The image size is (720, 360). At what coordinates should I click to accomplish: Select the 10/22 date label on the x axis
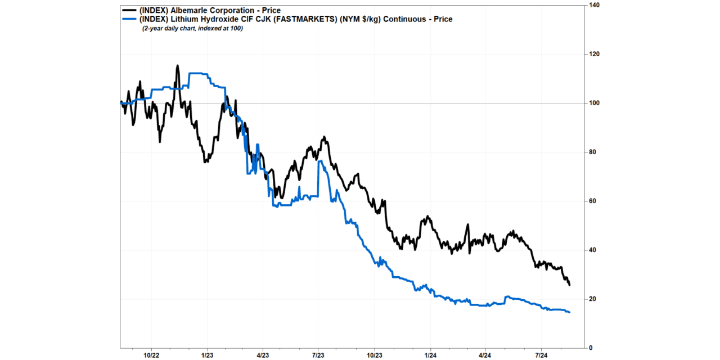click(x=152, y=355)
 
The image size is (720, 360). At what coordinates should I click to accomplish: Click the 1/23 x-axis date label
click(x=207, y=355)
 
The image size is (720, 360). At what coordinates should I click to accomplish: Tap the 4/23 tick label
click(x=263, y=355)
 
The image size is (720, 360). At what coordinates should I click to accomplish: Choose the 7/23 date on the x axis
click(x=318, y=355)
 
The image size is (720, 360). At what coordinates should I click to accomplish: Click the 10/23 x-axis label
click(x=374, y=355)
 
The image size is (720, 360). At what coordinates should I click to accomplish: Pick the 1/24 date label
click(x=430, y=355)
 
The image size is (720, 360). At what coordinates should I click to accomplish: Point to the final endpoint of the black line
click(x=569, y=285)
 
